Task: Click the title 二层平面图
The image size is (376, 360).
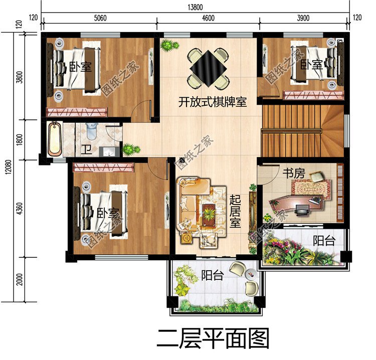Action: coord(213,339)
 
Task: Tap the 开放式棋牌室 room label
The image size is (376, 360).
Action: coord(213,102)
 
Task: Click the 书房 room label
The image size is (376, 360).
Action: coord(294,174)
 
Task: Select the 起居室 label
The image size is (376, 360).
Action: coord(235,211)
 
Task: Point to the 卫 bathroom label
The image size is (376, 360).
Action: coord(86,149)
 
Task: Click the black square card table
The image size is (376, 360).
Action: coord(208,65)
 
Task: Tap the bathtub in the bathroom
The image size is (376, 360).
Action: coord(55,139)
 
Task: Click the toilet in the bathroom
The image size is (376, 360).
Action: coord(91,131)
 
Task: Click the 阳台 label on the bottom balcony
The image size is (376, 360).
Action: coord(213,275)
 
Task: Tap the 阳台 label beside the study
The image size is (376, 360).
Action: coord(324,241)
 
